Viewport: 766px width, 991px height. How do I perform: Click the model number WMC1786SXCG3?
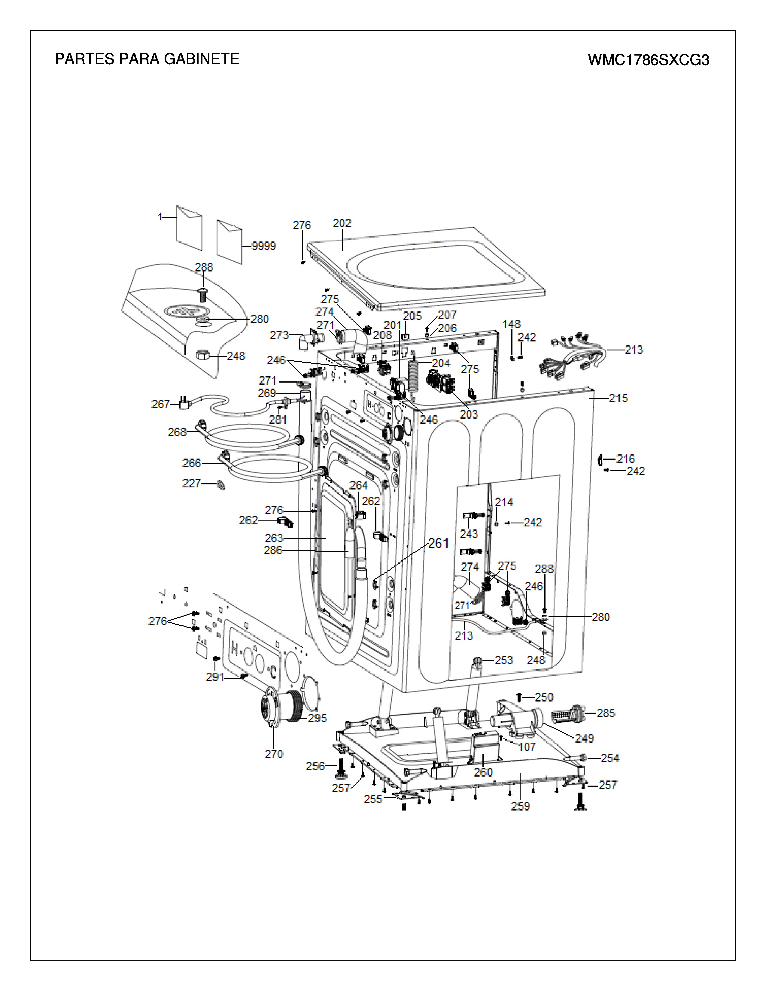click(x=649, y=60)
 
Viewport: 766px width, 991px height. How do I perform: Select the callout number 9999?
click(x=264, y=246)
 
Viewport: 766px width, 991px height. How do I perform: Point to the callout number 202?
click(x=342, y=223)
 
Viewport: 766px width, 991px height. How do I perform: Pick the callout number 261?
click(x=438, y=543)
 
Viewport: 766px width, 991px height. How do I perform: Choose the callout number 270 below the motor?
click(x=274, y=754)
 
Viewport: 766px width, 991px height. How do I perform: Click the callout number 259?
click(x=521, y=806)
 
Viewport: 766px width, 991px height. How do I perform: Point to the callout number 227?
click(x=192, y=484)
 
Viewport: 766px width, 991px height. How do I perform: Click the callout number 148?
click(x=512, y=324)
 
